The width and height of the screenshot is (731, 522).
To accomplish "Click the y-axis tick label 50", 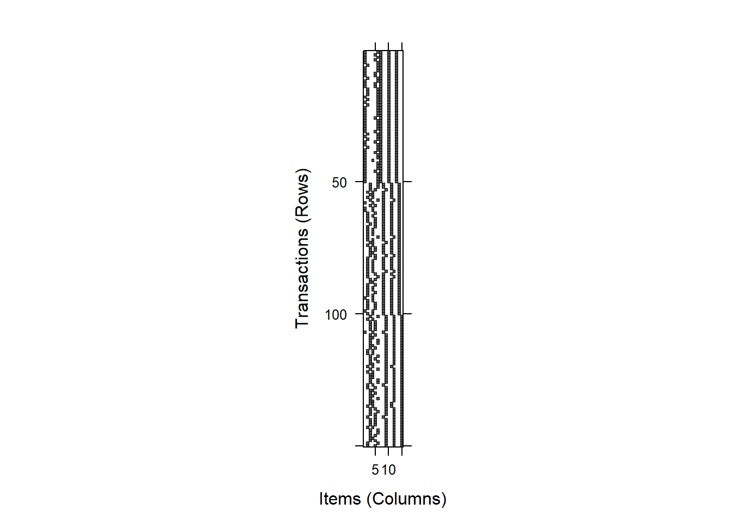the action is (339, 183).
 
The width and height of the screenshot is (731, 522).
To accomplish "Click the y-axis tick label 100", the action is (336, 315).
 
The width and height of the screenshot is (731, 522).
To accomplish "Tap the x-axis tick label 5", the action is (375, 470).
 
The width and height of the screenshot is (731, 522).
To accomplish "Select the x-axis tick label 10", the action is (389, 470).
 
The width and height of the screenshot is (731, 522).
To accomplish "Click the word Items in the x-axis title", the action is (340, 499).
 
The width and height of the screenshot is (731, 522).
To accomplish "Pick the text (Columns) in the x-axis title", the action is (406, 499).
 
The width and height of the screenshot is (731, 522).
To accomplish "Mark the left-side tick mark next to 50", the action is (360, 182).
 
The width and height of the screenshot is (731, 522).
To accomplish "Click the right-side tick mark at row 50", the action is (407, 182).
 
